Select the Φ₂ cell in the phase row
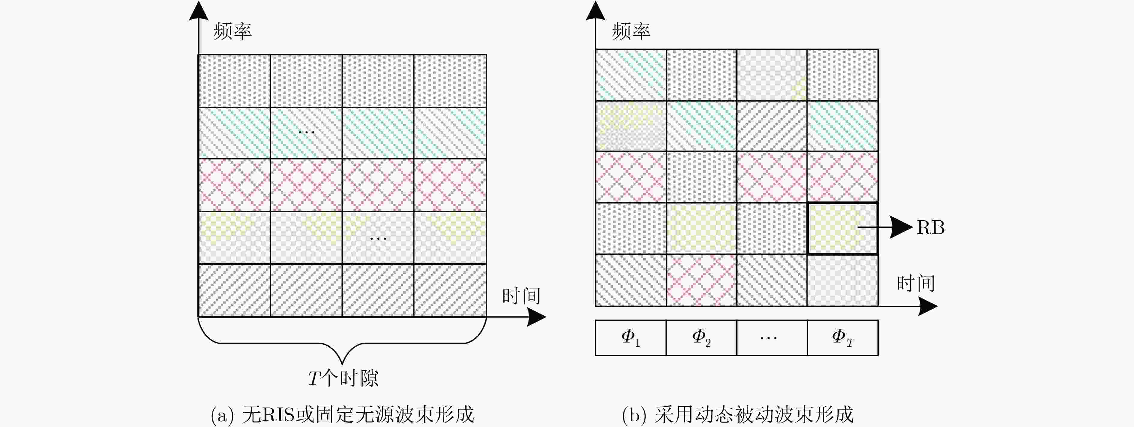(x=702, y=338)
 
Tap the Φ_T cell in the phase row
(x=843, y=338)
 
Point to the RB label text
(x=931, y=228)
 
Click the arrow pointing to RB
(x=885, y=227)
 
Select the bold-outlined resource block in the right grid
(x=843, y=229)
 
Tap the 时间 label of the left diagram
(x=521, y=296)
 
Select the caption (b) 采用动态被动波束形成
(x=738, y=414)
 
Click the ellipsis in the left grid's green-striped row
(x=306, y=132)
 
